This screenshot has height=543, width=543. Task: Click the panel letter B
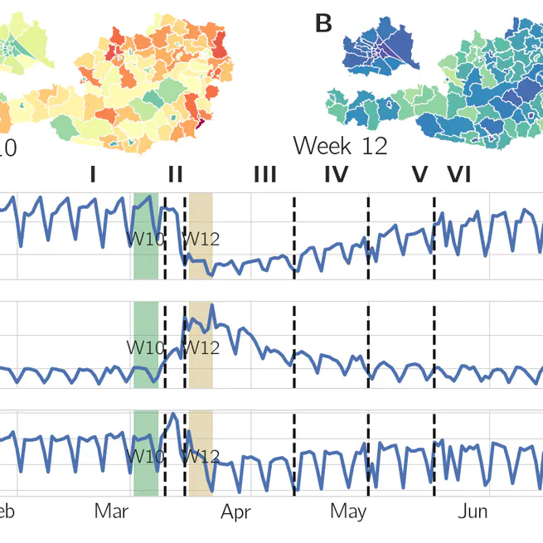pyautogui.click(x=323, y=24)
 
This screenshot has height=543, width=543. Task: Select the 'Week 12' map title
pyautogui.click(x=340, y=147)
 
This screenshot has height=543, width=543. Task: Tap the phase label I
pyautogui.click(x=93, y=175)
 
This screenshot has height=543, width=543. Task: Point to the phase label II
pyautogui.click(x=175, y=175)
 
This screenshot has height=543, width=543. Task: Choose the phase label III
pyautogui.click(x=264, y=175)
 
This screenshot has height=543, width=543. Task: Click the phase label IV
pyautogui.click(x=336, y=175)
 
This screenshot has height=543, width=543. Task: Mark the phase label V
pyautogui.click(x=419, y=175)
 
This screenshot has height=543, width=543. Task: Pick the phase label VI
pyautogui.click(x=459, y=175)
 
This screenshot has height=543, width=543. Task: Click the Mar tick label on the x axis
pyautogui.click(x=112, y=511)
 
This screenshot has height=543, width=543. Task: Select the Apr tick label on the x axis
pyautogui.click(x=236, y=511)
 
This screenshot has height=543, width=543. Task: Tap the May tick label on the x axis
pyautogui.click(x=348, y=511)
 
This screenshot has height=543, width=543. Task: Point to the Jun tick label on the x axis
pyautogui.click(x=473, y=511)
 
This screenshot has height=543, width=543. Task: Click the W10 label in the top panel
pyautogui.click(x=144, y=240)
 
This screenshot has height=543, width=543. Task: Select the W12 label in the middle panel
pyautogui.click(x=201, y=347)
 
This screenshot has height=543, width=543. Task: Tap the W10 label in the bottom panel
pyautogui.click(x=144, y=456)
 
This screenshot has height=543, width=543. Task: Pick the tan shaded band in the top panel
pyautogui.click(x=201, y=216)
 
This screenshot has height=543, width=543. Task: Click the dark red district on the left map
pyautogui.click(x=200, y=124)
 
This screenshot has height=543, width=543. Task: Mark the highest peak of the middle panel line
pyautogui.click(x=212, y=306)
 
